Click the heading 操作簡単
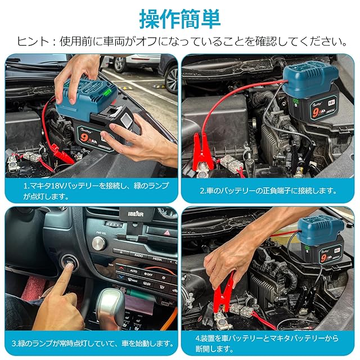[180, 19]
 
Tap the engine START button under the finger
[70, 262]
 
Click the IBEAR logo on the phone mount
[136, 214]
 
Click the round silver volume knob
[99, 244]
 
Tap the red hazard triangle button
[167, 233]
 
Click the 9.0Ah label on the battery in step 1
[89, 138]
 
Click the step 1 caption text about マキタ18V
[96, 191]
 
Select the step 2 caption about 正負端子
[268, 191]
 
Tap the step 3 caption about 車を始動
[93, 344]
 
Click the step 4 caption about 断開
[267, 344]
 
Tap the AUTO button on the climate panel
[134, 271]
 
